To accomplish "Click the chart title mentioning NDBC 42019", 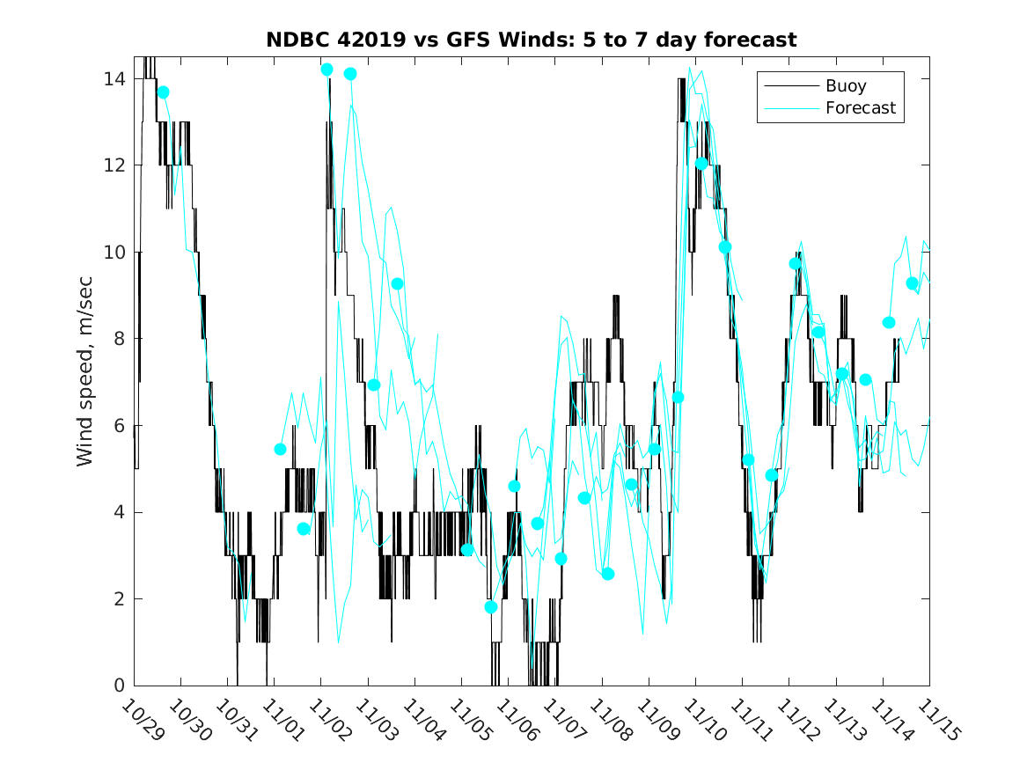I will point(532,40).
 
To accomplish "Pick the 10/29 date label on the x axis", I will point(141,720).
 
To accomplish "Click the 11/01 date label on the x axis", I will point(281,720).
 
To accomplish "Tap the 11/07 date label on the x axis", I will point(561,720).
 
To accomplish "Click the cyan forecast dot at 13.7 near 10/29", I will point(163,92).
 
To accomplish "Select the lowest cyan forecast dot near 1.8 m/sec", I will point(491,607).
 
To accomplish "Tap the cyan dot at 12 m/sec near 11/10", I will point(701,164).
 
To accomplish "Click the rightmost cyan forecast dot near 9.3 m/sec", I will point(913,283).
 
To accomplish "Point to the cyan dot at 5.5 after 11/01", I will point(281,449).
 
